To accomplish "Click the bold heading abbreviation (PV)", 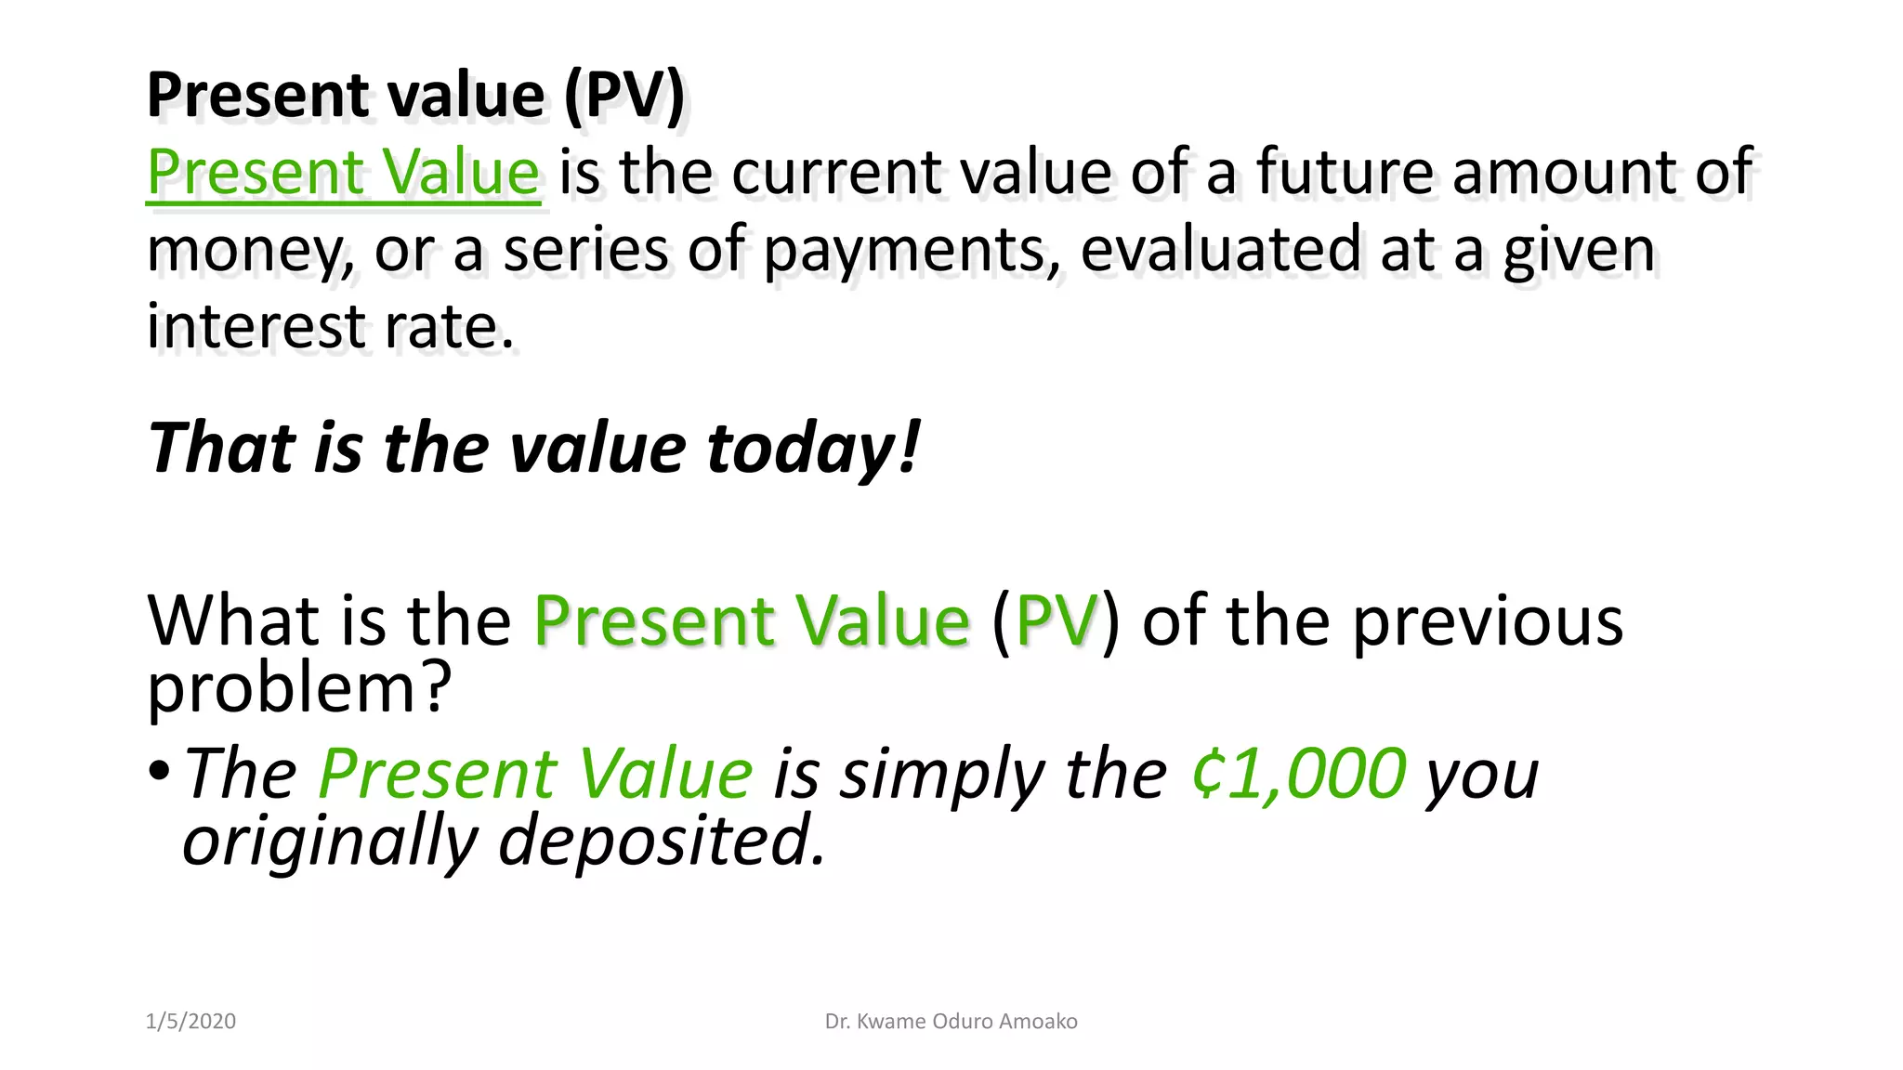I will [623, 96].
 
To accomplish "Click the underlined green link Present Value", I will [343, 173].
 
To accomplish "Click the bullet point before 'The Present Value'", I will [159, 770].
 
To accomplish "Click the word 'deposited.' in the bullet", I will [662, 840].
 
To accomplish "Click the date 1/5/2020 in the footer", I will [190, 1021].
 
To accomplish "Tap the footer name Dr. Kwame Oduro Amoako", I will [951, 1021].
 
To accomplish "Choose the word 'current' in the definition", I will [835, 173].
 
